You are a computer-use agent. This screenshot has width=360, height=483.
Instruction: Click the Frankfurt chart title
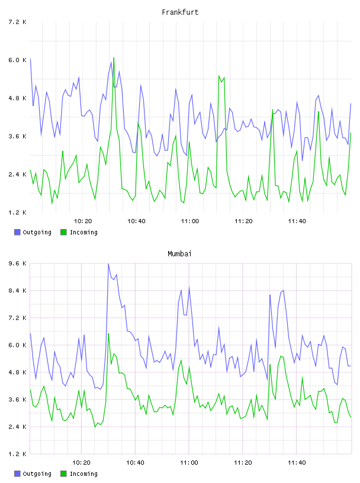180,12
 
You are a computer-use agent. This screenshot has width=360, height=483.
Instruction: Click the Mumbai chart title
179,254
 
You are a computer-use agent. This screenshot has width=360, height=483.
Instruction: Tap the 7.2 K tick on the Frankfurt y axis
17,22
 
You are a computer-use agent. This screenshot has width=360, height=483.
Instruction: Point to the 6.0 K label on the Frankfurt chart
17,60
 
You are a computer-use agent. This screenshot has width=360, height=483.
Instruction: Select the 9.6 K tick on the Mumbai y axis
17,263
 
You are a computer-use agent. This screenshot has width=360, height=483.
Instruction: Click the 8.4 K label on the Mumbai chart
17,291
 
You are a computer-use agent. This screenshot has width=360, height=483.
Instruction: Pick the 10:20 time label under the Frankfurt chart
83,221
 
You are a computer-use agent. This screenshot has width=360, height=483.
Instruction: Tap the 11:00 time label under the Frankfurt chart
190,221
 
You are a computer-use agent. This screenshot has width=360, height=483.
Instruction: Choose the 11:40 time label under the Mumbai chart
297,462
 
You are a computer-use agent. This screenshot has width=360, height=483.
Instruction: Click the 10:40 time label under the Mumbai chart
136,462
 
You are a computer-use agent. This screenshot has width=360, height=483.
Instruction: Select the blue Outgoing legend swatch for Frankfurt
17,232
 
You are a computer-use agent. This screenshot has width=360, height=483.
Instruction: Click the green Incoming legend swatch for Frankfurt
63,232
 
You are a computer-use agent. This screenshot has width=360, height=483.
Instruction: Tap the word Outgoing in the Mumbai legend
37,474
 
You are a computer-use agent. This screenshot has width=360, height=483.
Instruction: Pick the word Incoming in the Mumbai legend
83,474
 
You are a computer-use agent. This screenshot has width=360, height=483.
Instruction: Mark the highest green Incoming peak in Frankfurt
114,57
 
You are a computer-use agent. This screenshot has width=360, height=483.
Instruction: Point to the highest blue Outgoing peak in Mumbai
108,264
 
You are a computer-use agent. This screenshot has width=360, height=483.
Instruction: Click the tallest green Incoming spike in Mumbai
108,334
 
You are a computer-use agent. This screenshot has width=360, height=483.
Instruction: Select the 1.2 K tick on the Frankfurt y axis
17,212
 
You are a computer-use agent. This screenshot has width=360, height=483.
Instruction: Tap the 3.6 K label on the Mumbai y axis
17,400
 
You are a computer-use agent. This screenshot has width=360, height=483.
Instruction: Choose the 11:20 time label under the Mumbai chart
243,462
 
